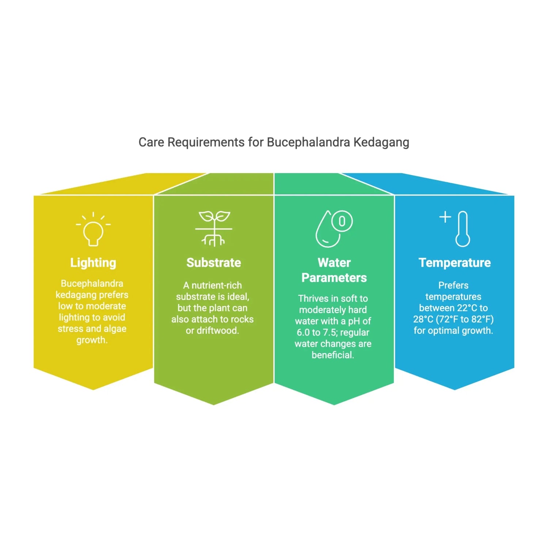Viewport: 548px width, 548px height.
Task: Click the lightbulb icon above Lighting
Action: pos(93,230)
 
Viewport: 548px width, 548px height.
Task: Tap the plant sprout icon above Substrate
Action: pos(214,228)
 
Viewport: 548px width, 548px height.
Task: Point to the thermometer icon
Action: pos(463,229)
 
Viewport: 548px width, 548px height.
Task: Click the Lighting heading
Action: pos(93,263)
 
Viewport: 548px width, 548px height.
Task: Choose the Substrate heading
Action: pos(214,263)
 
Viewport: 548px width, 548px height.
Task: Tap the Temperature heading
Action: pos(454,263)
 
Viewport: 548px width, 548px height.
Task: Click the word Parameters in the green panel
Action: pos(334,278)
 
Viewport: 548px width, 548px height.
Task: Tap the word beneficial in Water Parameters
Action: pos(333,355)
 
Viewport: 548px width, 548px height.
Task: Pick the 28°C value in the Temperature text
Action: pos(423,319)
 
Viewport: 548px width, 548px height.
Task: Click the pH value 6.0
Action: pos(303,332)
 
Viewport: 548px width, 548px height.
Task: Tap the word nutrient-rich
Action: pos(217,285)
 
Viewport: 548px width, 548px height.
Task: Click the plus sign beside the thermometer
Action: pos(445,217)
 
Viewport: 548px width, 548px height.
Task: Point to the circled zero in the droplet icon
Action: pos(342,221)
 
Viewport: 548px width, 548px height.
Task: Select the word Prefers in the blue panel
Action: pos(453,285)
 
